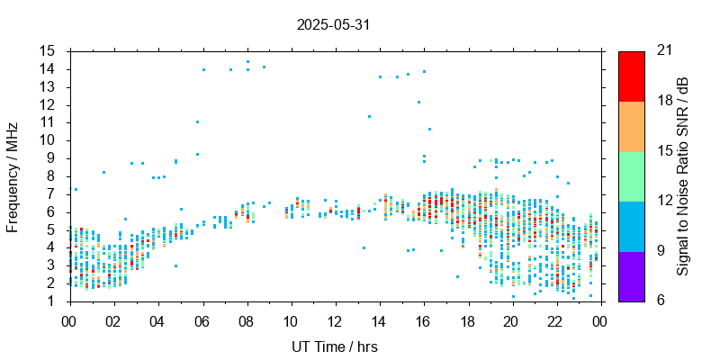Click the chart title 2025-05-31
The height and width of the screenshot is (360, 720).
coord(333,25)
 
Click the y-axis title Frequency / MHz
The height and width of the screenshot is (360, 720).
coord(13,175)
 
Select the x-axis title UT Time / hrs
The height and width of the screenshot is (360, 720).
coord(336,346)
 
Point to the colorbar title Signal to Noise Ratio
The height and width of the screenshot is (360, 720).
coord(684,175)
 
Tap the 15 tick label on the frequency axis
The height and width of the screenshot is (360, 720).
coord(48,51)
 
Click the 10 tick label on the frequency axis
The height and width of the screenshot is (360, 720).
coord(48,140)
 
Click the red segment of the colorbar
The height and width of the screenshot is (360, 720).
coord(631,76)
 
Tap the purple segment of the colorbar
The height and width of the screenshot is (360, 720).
coord(631,275)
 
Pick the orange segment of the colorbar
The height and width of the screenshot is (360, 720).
coord(631,126)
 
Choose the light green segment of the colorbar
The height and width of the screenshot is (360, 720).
coord(631,176)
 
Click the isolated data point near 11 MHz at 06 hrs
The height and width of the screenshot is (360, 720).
coord(197,121)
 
